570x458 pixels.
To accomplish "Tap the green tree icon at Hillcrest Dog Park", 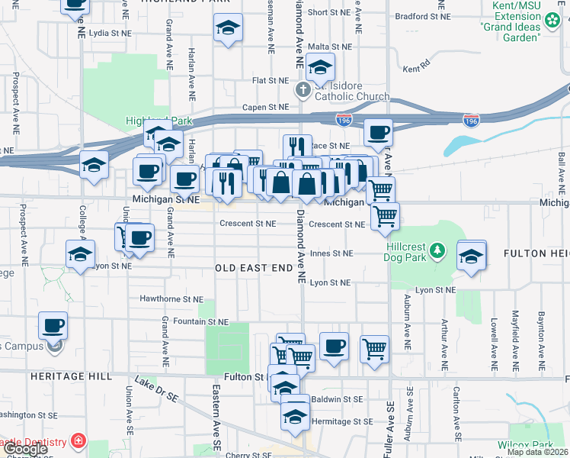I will [x=437, y=250].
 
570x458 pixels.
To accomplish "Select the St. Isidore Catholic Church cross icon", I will [x=303, y=90].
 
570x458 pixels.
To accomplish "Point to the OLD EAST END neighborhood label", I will [x=254, y=268].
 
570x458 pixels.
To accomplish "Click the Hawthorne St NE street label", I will [x=172, y=298].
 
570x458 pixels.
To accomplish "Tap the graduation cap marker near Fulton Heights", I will [x=472, y=256].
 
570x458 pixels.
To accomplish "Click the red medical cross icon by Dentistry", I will [x=77, y=440].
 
